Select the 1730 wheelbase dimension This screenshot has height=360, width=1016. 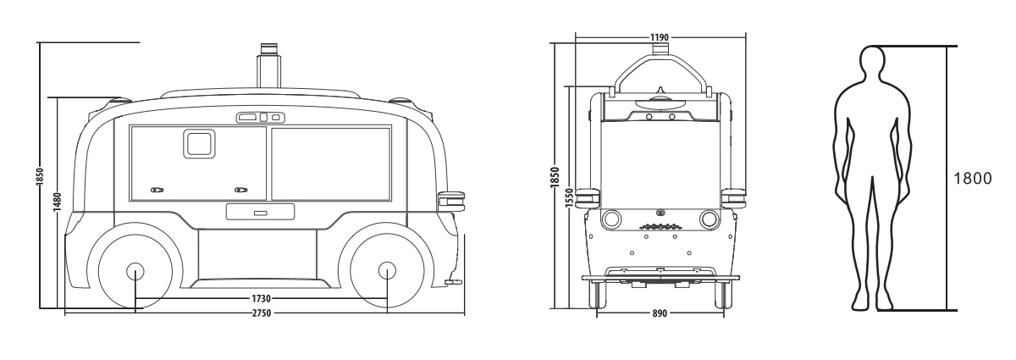coord(261,299)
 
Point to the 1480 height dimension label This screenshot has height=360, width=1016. coord(57,202)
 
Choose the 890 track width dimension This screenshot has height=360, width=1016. coord(659,313)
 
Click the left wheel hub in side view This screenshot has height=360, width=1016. coord(135,271)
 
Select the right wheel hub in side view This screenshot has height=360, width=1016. coord(387,271)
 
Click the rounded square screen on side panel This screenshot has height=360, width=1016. coord(198,144)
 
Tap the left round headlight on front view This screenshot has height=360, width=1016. coord(610,220)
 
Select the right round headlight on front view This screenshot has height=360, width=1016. coord(708,220)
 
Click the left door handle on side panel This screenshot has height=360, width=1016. coord(157,191)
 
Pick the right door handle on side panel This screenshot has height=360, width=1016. coord(240,191)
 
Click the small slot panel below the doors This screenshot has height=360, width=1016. coord(259,212)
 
